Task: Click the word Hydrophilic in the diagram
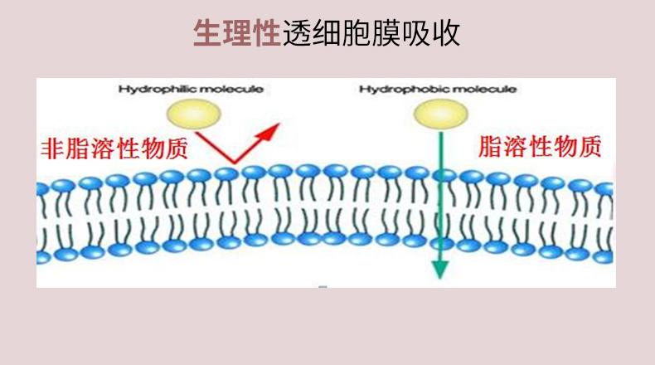coord(151,90)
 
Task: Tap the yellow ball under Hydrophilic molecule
coord(194,114)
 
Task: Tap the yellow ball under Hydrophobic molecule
coord(441,114)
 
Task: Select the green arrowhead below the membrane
coord(439,270)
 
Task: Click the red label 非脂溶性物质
coord(114,148)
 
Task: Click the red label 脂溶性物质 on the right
coord(540,147)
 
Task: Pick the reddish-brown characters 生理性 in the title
coord(237,32)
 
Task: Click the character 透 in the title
coord(296,32)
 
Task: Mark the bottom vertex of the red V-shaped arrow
coord(234,163)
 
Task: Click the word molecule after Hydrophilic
coord(226,90)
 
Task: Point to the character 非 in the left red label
coord(52,148)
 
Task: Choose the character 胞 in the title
coord(356,32)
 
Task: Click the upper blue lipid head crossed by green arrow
coord(444,175)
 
